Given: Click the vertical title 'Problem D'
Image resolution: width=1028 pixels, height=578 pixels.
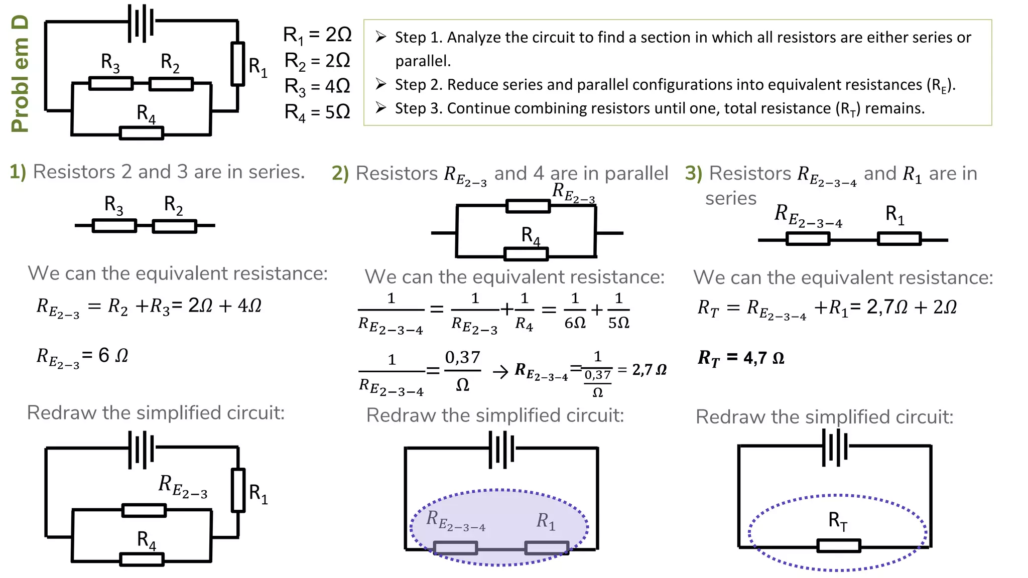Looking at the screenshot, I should pos(20,74).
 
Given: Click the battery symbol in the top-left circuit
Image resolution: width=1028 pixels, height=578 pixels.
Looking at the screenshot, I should pos(141,23).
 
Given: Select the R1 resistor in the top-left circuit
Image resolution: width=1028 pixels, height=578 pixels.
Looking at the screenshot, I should pos(238,64).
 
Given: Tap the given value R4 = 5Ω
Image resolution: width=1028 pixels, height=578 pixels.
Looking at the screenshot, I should pos(317,112).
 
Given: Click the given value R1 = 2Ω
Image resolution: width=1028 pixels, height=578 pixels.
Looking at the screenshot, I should pos(317,35).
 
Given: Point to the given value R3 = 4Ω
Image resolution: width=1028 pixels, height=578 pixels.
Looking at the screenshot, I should pos(317,86).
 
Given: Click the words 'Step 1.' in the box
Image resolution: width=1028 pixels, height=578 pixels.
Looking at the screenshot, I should pos(419,38).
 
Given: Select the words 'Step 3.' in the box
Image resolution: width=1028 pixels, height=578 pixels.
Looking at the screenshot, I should pos(419,108).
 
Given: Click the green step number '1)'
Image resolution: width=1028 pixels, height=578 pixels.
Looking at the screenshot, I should pos(18,172).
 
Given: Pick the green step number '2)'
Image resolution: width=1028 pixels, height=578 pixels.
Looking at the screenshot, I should pos(340,174).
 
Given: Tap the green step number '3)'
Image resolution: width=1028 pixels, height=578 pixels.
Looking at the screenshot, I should pos(694,174).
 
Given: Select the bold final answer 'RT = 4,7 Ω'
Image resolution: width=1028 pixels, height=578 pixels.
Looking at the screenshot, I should pos(741,358).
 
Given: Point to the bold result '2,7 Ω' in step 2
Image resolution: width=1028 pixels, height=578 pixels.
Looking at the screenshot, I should pos(650,370).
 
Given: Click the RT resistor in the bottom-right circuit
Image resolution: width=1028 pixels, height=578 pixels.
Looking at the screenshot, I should pos(839,546).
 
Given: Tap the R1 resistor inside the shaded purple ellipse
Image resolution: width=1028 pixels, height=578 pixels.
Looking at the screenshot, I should pos(547,547).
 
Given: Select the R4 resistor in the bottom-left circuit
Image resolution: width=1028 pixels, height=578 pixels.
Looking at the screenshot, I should pos(142,559).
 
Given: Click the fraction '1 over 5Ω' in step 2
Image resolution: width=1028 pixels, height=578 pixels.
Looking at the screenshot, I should pos(618,311).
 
